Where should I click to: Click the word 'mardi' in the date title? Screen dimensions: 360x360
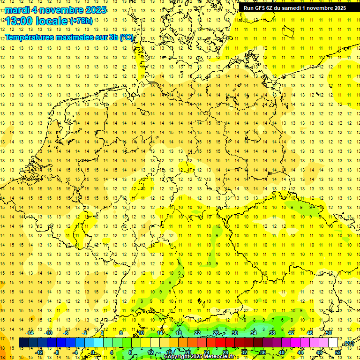(17, 10)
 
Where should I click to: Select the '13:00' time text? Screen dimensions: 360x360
(19, 21)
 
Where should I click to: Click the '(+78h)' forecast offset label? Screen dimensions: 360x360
(81, 21)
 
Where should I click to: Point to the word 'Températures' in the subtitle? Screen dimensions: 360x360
(29, 37)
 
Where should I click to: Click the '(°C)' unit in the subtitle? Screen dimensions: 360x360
(126, 37)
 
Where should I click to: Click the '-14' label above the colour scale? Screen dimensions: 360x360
(30, 333)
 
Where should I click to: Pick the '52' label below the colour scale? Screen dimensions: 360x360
(338, 352)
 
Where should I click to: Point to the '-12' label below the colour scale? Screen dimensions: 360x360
(39, 352)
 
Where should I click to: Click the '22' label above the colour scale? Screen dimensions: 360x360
(197, 333)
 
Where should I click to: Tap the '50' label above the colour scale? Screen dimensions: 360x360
(329, 333)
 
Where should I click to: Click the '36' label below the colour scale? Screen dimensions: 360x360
(263, 352)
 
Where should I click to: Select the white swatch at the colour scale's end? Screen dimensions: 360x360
(333, 343)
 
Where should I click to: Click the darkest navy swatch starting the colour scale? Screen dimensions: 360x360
(23, 343)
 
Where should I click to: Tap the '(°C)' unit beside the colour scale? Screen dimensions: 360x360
(348, 344)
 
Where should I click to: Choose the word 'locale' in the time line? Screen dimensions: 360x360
(52, 21)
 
